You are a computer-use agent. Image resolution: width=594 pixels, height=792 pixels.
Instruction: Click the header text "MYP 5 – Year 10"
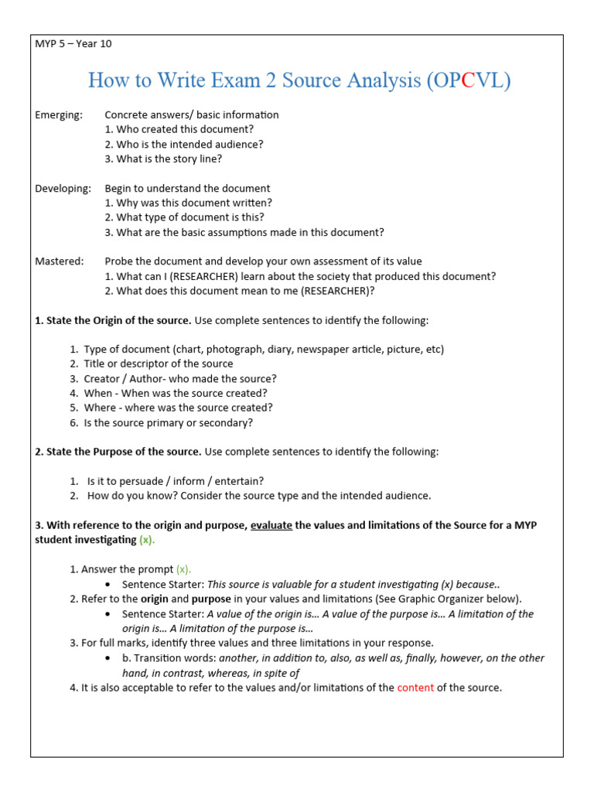[73, 43]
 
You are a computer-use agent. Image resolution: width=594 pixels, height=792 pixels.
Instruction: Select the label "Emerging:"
[59, 114]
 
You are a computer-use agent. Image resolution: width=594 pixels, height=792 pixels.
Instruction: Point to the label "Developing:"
[63, 188]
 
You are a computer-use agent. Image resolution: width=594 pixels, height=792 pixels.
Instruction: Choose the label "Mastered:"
[60, 261]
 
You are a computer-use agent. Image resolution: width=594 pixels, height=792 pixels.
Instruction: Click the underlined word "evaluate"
[271, 525]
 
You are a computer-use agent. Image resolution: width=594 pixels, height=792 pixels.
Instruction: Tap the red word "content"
[415, 687]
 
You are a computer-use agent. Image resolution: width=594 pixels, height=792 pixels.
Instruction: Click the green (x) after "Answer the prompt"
[183, 569]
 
